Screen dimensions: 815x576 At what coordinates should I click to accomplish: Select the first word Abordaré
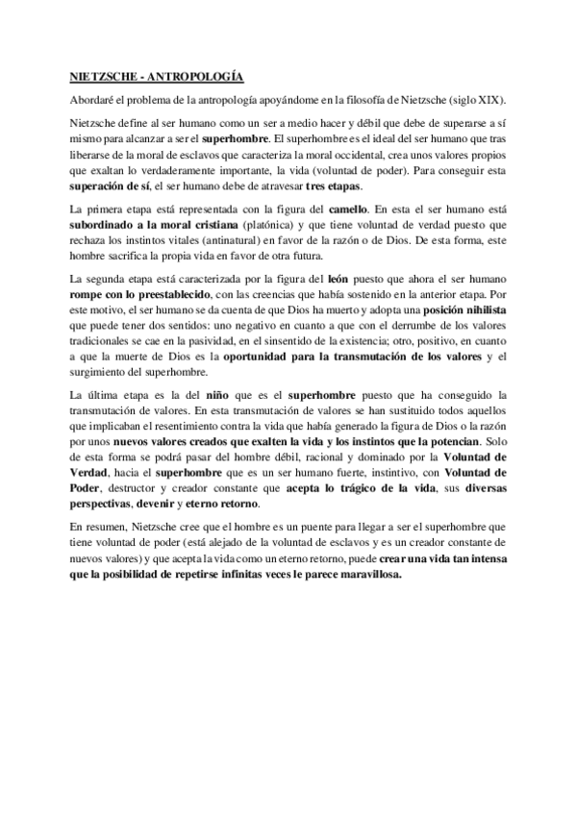(94, 100)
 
